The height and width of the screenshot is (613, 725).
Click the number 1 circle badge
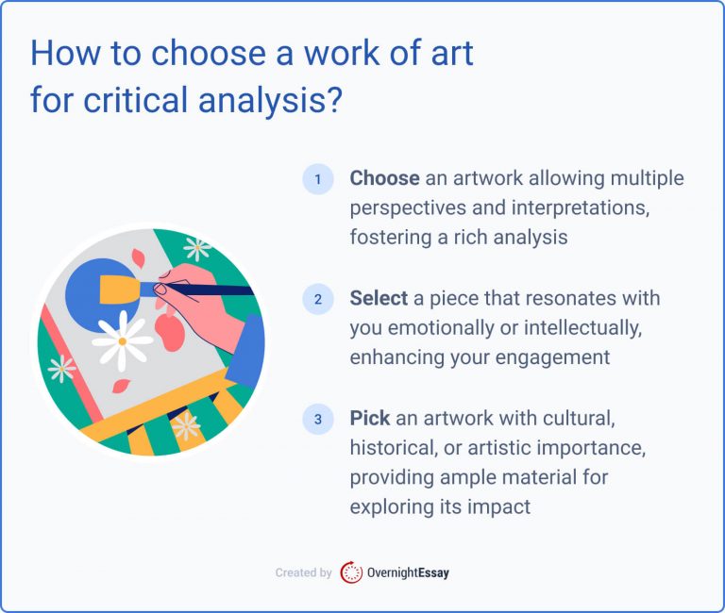pos(318,179)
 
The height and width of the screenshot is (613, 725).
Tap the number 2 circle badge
pos(318,300)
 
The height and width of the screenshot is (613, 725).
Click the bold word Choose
pos(384,178)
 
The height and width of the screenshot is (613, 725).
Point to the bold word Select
pos(379,299)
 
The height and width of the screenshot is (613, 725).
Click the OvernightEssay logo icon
pos(351,572)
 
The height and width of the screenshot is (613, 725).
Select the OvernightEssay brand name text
pos(409,572)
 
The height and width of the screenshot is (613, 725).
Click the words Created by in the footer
pos(303,572)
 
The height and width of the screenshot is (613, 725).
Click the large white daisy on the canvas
pos(122,341)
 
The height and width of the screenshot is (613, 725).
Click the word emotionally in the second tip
pos(440,329)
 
